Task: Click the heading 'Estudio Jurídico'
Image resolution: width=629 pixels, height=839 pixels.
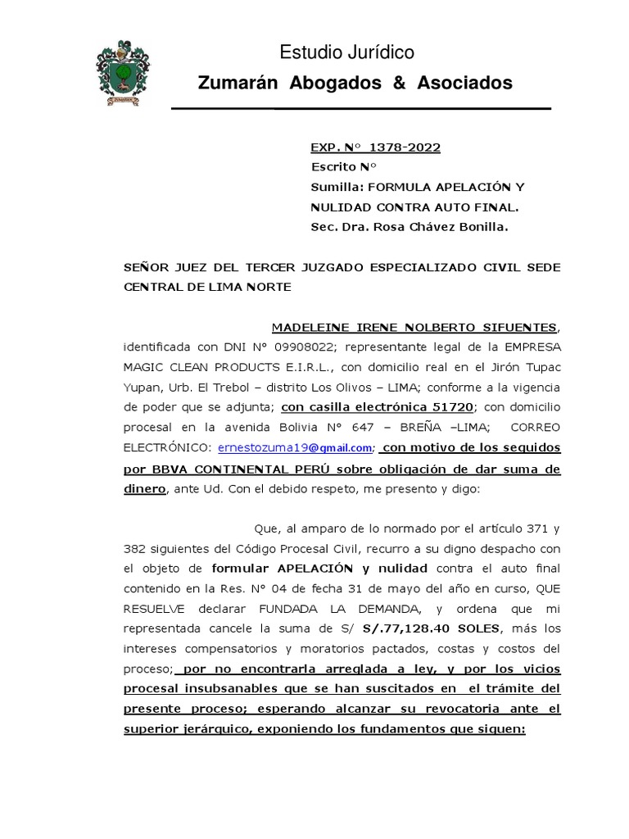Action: coord(347,53)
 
